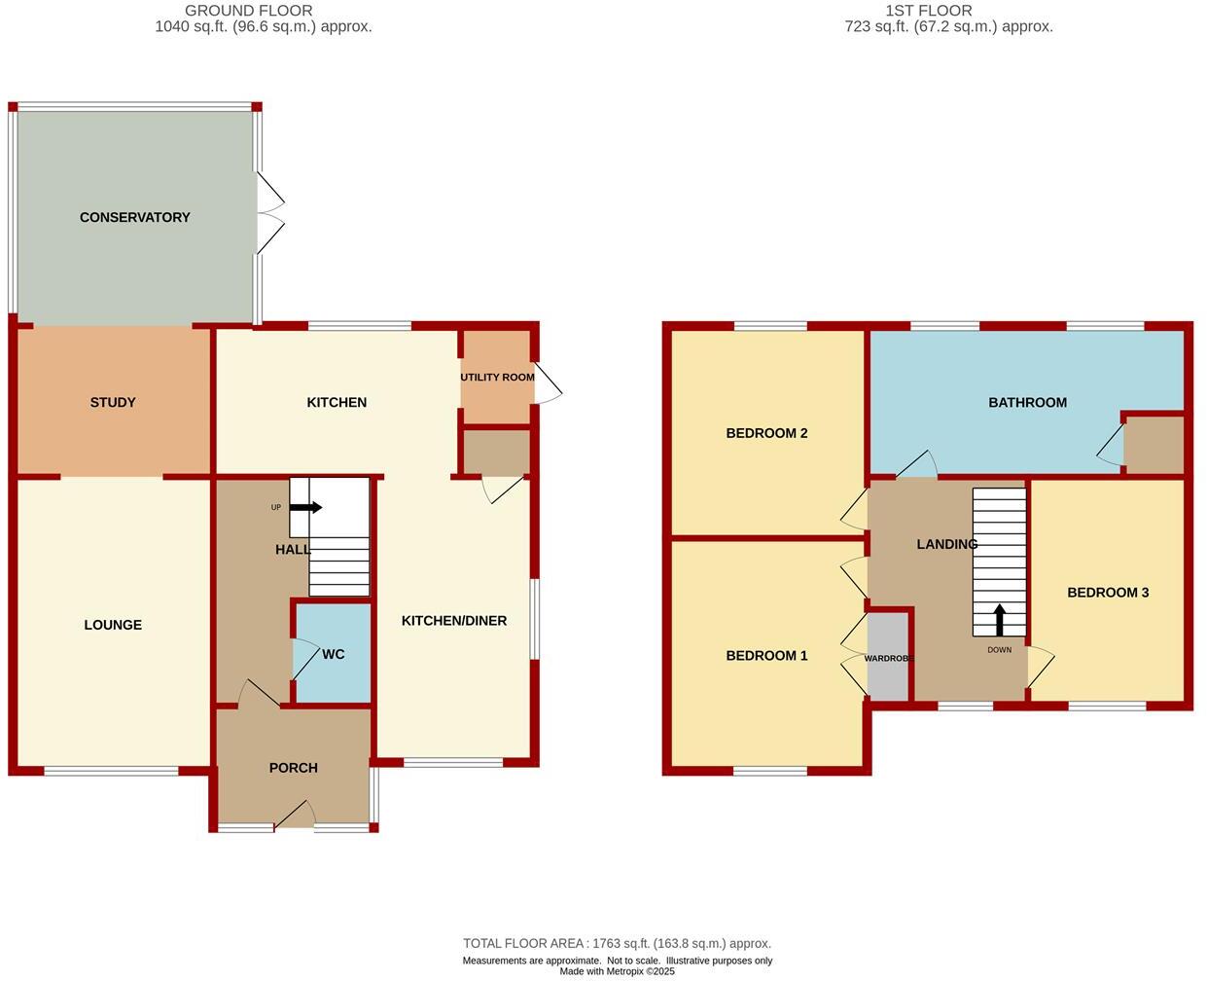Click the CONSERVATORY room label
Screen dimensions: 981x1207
[134, 217]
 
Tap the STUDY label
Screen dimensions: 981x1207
[113, 402]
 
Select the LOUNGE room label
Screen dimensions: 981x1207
[113, 625]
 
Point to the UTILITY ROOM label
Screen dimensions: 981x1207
[497, 378]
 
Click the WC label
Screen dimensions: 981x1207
[333, 654]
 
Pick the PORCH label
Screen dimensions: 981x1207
[293, 768]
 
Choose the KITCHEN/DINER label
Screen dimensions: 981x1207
[454, 621]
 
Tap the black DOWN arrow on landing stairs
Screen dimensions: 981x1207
[999, 620]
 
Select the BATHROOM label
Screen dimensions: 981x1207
[1027, 402]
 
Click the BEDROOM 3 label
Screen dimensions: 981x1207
[1108, 593]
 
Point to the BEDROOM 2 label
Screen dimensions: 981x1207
[766, 433]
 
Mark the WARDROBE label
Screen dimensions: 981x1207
[889, 659]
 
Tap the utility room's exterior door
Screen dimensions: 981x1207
[548, 383]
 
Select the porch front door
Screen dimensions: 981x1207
[295, 817]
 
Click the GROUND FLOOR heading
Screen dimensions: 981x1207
[249, 11]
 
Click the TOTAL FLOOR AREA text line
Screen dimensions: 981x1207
[617, 943]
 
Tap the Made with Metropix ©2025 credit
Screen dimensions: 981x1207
[617, 971]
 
